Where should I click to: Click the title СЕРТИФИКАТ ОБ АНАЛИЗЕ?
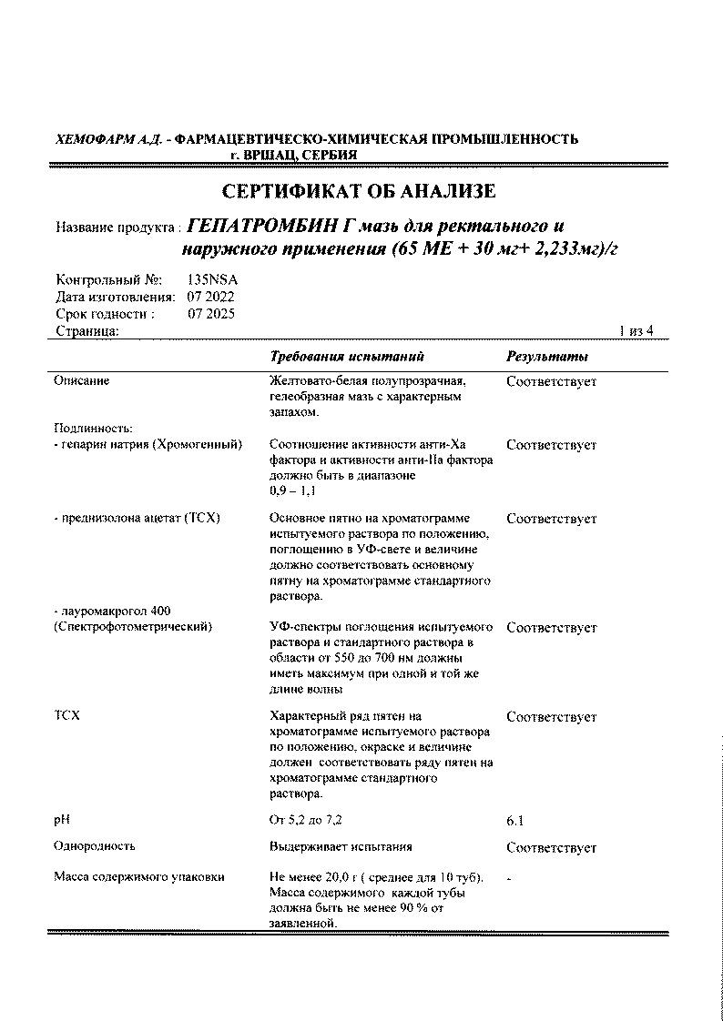(x=360, y=191)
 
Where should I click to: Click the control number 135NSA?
(x=211, y=280)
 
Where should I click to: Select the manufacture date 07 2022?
(x=211, y=297)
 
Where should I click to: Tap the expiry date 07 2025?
(x=211, y=314)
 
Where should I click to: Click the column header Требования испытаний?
(x=347, y=357)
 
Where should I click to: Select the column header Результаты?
(x=546, y=357)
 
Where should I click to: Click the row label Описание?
(x=81, y=381)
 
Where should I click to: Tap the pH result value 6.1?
(x=514, y=821)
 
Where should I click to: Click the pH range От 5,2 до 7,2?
(x=306, y=820)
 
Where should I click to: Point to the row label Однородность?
(x=94, y=846)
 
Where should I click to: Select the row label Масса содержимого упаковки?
(x=138, y=877)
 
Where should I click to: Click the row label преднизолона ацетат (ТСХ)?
(x=137, y=519)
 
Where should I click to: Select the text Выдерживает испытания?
(x=341, y=846)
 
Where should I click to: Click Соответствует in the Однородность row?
(x=551, y=848)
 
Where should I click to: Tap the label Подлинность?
(x=93, y=428)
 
